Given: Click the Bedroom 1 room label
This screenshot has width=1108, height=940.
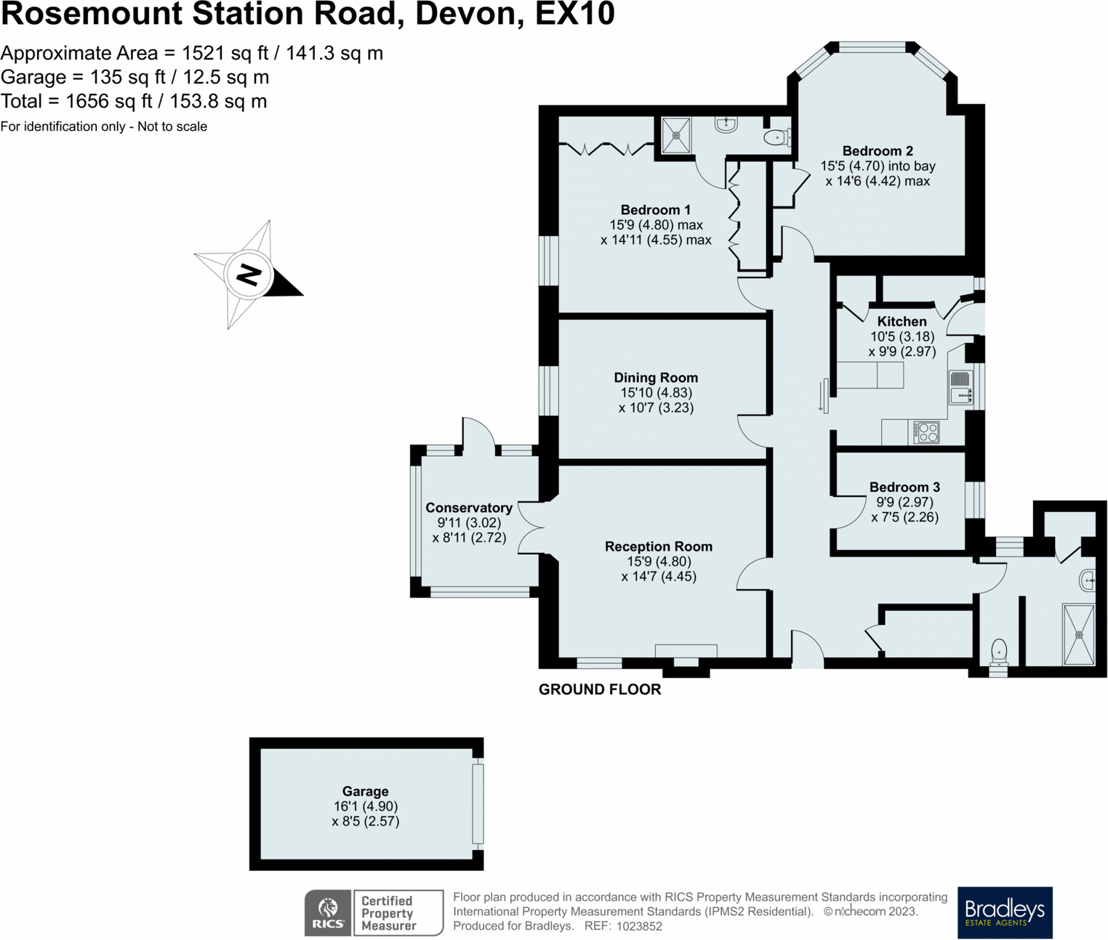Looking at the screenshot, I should pos(655,210).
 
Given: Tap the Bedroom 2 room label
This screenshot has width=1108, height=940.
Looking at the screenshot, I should pos(878,151).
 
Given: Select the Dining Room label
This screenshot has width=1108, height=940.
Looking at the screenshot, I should pos(656,378).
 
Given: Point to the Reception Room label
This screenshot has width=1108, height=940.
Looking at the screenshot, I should pos(659,546).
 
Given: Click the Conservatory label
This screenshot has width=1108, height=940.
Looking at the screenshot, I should pos(469,508).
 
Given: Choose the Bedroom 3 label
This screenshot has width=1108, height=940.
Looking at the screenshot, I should pos(904,487).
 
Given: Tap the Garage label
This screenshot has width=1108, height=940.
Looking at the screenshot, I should pos(365,791).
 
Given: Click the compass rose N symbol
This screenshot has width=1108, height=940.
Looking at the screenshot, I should pos(249,275).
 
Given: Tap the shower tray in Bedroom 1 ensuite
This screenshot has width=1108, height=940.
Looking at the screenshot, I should pos(676,135).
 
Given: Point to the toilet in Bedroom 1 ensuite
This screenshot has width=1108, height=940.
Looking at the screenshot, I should pos(776,137).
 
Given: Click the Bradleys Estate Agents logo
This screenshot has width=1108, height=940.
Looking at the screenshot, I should pos(1005,912).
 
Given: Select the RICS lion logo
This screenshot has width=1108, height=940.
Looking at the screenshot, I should pos(328,912).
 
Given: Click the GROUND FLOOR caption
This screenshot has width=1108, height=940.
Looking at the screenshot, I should pos(600,689).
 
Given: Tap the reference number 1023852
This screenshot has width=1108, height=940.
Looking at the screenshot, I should pos(639,926).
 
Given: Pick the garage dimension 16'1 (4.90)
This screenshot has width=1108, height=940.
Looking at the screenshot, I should pos(365,806).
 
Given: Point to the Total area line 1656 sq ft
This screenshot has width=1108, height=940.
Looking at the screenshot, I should pos(134,101).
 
